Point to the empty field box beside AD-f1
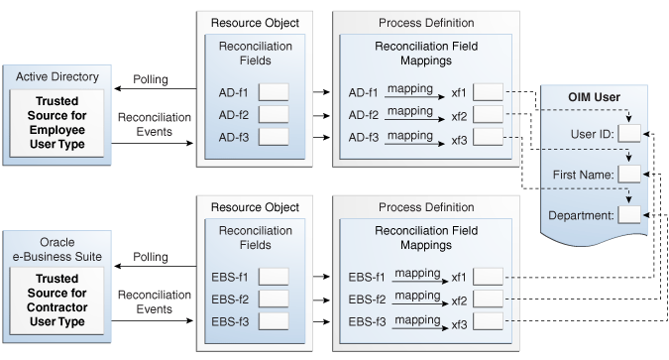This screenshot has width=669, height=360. (274, 92)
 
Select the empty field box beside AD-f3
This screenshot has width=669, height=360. (274, 136)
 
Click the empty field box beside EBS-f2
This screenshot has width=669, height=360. (274, 299)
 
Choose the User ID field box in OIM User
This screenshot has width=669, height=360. (629, 133)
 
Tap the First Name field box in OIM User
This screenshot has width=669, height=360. (629, 174)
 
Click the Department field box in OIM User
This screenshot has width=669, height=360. (629, 214)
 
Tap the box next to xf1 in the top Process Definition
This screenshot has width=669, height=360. (488, 92)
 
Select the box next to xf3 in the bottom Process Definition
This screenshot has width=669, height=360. (488, 320)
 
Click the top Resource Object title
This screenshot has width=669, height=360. (256, 21)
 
